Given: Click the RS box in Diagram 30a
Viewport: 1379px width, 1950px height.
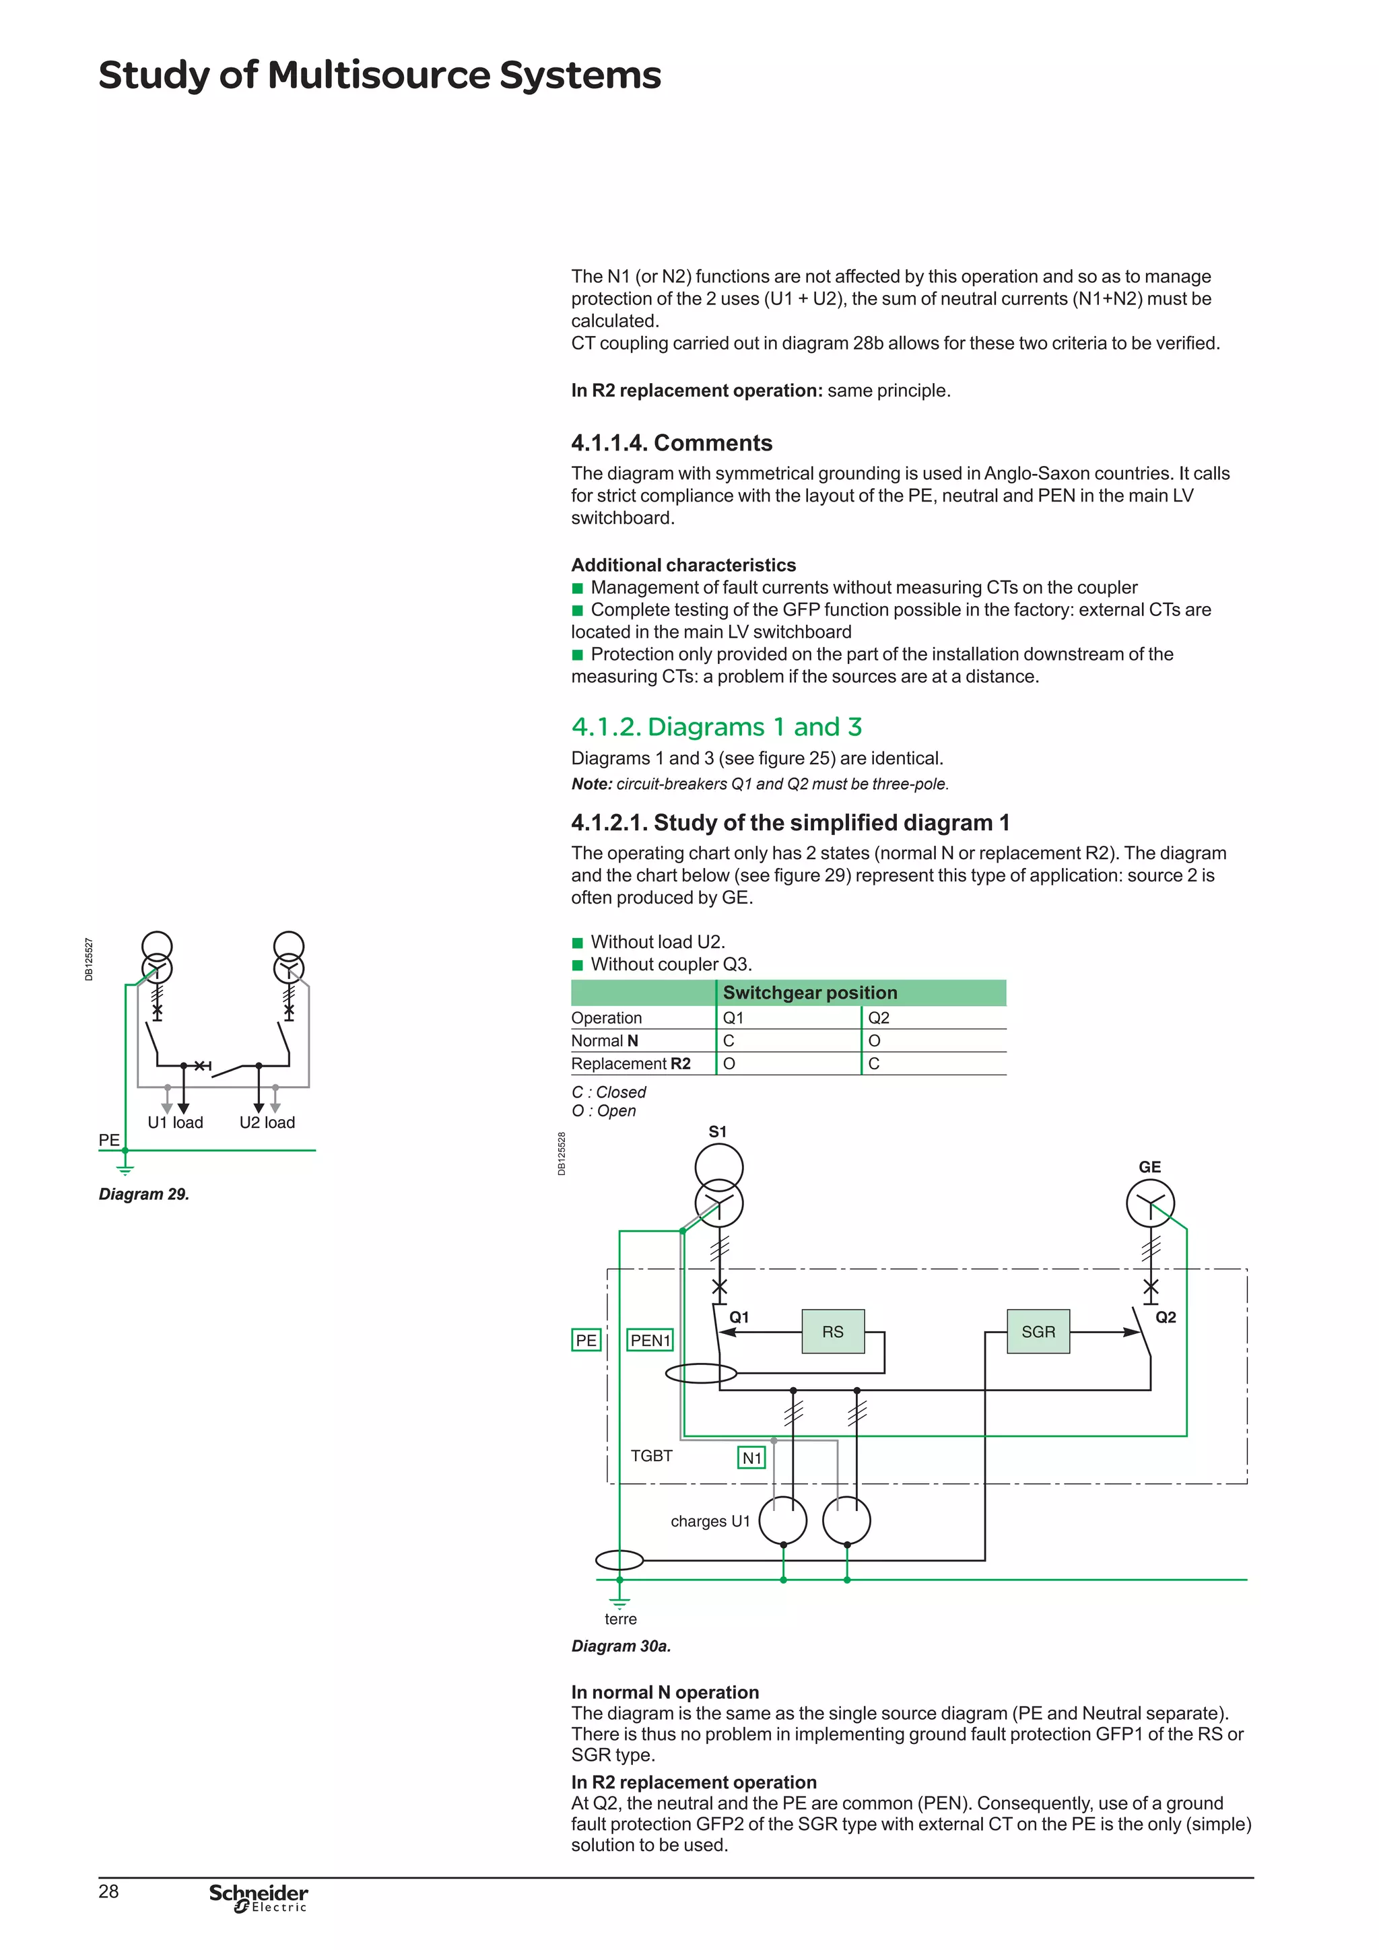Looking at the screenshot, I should coord(833,1332).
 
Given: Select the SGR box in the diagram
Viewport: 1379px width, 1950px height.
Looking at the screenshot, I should coord(1038,1332).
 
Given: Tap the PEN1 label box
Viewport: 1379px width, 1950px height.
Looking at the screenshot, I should coord(650,1340).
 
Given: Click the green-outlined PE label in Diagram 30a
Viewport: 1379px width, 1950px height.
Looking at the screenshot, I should coord(586,1340).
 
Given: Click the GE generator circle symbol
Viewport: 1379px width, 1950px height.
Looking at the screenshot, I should coord(1150,1203).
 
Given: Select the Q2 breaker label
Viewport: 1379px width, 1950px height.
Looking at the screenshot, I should coord(1165,1317).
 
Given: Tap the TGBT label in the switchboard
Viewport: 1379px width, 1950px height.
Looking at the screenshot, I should coord(651,1456).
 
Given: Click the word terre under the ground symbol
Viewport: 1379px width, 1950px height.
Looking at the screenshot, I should coord(621,1619).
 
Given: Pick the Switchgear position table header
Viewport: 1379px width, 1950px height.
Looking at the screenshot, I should coord(809,993).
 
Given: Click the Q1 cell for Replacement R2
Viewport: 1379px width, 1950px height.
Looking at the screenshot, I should coord(729,1064).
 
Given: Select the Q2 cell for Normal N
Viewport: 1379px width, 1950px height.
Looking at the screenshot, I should coord(875,1041).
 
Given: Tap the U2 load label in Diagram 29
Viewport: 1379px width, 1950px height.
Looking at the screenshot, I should coord(267,1122).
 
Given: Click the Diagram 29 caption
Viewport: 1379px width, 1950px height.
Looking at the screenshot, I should coord(143,1194).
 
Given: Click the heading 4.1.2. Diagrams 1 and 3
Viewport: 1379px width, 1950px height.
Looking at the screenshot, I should coord(716,727).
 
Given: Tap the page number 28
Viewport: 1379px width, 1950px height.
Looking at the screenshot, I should coord(108,1891).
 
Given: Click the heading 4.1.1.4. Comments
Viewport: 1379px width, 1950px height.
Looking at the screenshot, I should coord(671,443).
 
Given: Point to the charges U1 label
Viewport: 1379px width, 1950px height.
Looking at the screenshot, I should coord(710,1521).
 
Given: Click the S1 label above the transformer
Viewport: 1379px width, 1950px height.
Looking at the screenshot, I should coord(718,1132).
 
